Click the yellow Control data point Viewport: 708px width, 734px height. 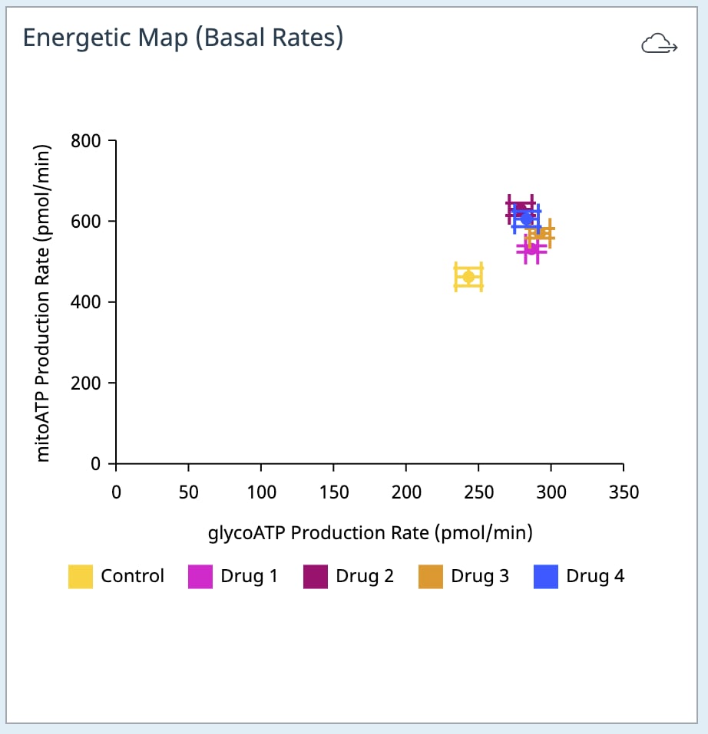(468, 277)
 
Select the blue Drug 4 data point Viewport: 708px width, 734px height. (526, 219)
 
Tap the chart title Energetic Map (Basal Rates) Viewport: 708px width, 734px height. (183, 38)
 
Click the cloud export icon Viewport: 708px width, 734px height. (659, 45)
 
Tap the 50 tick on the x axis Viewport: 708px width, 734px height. (188, 492)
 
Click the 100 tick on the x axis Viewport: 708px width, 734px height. (261, 492)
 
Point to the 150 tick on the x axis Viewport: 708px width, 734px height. (333, 492)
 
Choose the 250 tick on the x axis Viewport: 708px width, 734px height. (478, 492)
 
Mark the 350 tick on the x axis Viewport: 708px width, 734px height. (623, 492)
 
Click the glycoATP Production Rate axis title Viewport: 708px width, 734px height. (370, 532)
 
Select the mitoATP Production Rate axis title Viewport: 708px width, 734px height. (43, 303)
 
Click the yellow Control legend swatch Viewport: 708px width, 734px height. (81, 577)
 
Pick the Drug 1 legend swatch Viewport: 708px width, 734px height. (200, 577)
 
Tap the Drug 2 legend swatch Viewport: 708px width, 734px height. (316, 577)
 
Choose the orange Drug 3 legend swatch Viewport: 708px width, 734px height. (431, 577)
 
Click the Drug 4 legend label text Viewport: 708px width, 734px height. (595, 576)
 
